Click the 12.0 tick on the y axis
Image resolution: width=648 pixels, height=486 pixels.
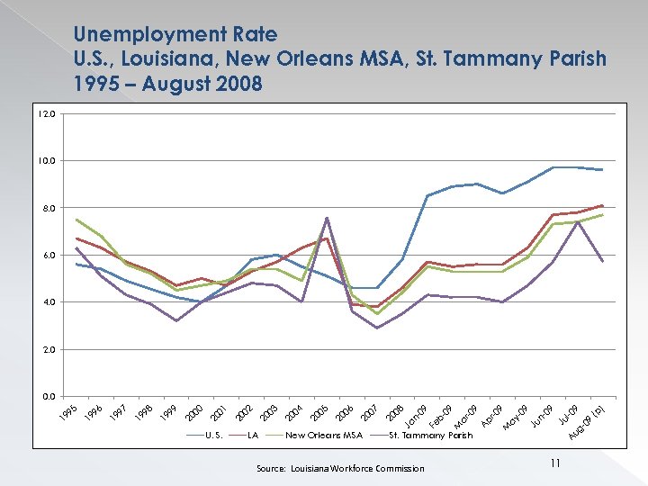pyautogui.click(x=47, y=114)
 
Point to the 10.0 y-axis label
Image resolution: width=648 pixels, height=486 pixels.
pyautogui.click(x=47, y=161)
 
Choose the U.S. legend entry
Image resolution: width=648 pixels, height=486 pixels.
pyautogui.click(x=214, y=436)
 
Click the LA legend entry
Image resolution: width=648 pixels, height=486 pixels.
pyautogui.click(x=253, y=436)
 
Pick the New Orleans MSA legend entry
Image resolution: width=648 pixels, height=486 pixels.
pyautogui.click(x=323, y=436)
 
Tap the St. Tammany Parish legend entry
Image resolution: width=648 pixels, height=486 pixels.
pyautogui.click(x=429, y=436)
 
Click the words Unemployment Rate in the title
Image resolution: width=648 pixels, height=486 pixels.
pyautogui.click(x=175, y=34)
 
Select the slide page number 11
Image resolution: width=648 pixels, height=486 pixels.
pyautogui.click(x=555, y=463)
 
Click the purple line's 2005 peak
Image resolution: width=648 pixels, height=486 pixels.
pyautogui.click(x=327, y=218)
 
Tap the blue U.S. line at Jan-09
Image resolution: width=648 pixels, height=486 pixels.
pyautogui.click(x=427, y=195)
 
